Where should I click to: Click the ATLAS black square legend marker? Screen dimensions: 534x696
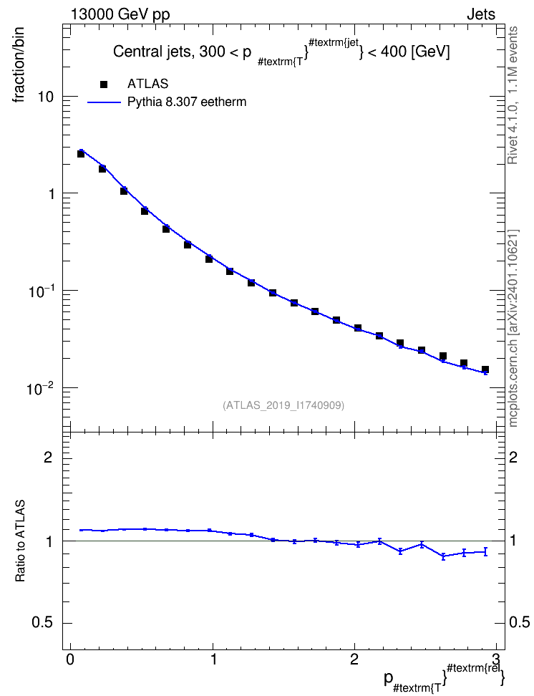[x=104, y=84]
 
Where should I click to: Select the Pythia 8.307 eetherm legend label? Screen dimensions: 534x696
[x=186, y=102]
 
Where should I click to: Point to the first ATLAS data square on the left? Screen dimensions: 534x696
[x=81, y=153]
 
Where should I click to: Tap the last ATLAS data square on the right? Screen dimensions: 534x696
[x=485, y=369]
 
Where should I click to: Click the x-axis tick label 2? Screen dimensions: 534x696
[x=354, y=659]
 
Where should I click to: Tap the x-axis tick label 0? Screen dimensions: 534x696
[x=70, y=659]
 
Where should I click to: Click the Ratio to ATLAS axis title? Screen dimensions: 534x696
[x=20, y=541]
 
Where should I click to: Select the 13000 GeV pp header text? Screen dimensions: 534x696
[x=120, y=14]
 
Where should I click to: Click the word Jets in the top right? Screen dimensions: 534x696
[x=481, y=14]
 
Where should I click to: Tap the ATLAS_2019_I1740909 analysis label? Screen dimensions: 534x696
[x=283, y=405]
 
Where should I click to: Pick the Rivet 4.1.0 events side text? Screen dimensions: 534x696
[x=513, y=95]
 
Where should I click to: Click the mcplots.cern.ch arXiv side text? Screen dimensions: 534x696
[x=513, y=328]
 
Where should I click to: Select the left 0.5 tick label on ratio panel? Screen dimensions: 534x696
[x=42, y=623]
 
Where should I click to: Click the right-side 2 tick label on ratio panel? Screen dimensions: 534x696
[x=513, y=457]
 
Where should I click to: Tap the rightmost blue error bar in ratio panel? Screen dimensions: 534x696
[x=485, y=552]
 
